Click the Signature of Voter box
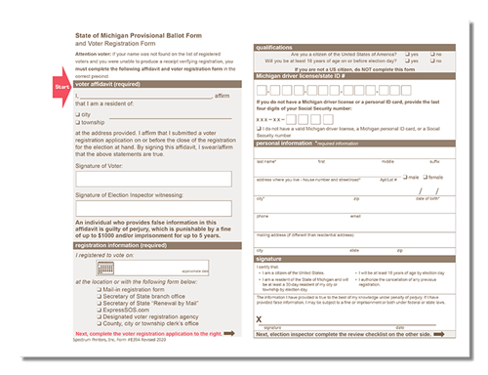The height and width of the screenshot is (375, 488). tap(153, 179)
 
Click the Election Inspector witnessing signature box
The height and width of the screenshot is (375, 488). tap(153, 207)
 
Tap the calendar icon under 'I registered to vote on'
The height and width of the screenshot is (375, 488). tap(104, 269)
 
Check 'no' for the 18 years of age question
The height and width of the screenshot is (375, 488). tap(431, 62)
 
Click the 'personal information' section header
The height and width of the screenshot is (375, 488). tap(293, 143)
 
